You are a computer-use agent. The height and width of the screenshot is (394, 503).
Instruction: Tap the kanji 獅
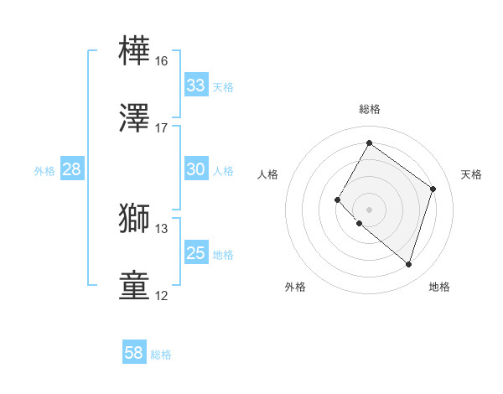point(135,218)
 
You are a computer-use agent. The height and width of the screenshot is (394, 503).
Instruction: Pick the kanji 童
point(135,285)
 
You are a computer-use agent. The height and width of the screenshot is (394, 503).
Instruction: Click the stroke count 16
point(162,61)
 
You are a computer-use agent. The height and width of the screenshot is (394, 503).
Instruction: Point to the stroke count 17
point(162,128)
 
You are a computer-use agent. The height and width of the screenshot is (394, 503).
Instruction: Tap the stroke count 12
point(162,296)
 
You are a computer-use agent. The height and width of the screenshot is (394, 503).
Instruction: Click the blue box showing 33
point(196,86)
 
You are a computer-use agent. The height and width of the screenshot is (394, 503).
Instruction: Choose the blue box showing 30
point(196,169)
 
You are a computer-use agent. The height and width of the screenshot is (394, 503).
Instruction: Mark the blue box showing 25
point(196,253)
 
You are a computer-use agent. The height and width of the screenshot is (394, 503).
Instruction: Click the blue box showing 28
point(72,169)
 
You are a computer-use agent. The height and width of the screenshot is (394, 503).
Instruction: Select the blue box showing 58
point(134,353)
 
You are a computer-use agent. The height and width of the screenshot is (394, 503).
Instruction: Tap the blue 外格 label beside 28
point(44,171)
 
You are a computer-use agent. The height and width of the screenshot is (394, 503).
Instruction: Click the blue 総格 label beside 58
point(161,355)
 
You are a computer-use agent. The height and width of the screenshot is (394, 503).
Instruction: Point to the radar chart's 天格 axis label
point(471,174)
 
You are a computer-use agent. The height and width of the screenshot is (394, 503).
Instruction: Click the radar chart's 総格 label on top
point(370,109)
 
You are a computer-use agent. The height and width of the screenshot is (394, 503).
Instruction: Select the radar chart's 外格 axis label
point(295,288)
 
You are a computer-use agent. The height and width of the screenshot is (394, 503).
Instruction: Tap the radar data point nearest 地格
point(408,265)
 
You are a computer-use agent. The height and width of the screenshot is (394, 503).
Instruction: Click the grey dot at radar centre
point(370,209)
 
